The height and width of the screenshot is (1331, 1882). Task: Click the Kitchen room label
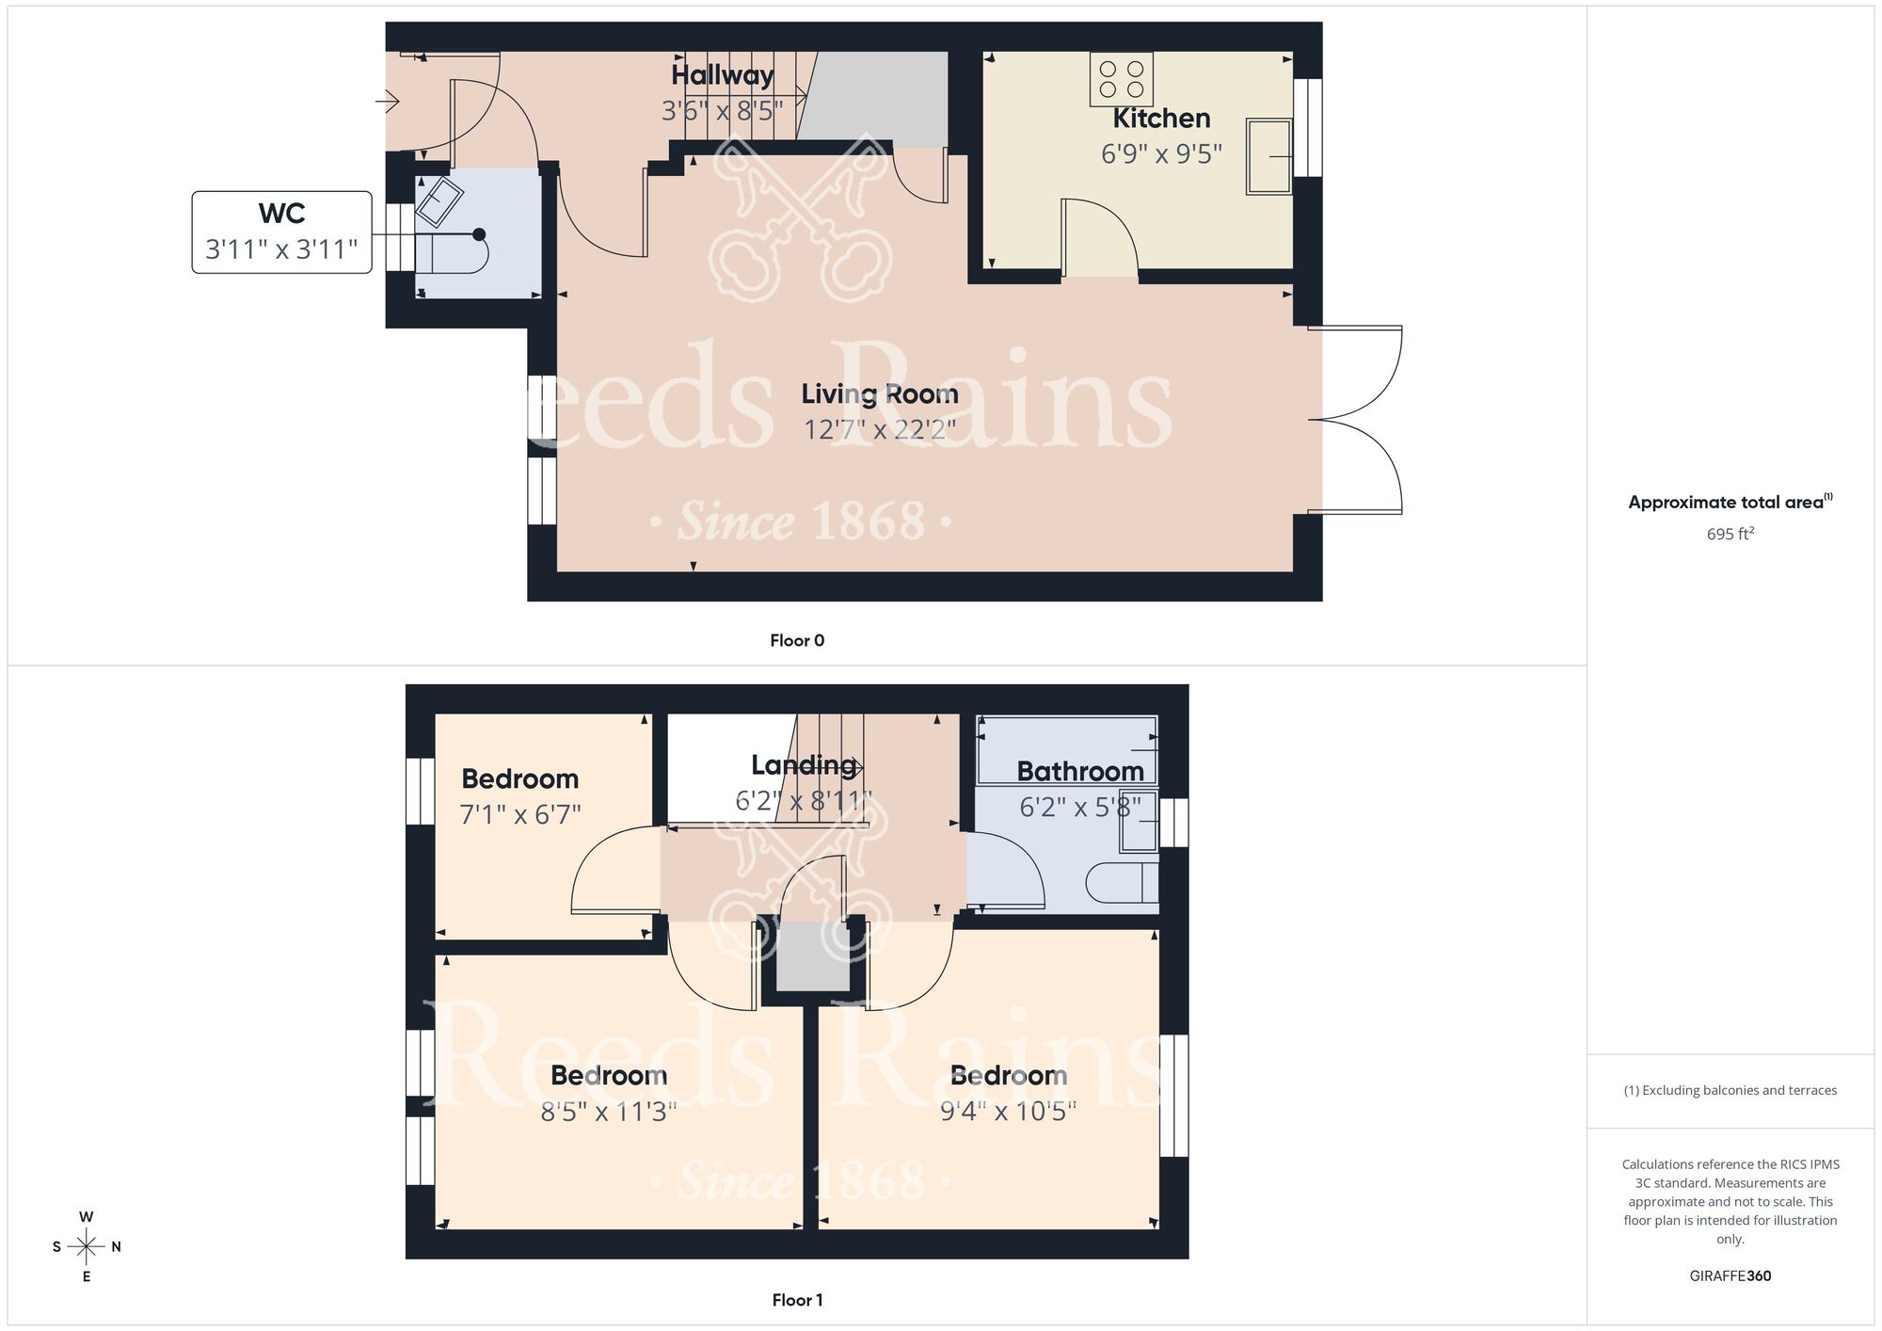(x=1161, y=119)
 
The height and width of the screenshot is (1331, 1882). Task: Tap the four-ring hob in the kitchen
(x=1121, y=79)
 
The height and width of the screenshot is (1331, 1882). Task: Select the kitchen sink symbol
(x=1268, y=156)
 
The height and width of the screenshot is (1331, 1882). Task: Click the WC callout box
(x=281, y=232)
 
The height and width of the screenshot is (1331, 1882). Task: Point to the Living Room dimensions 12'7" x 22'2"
(x=879, y=429)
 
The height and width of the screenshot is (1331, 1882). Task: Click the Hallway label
(x=722, y=75)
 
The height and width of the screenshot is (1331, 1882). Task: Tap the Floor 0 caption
(x=796, y=640)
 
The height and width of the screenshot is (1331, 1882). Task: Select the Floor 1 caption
(x=796, y=1300)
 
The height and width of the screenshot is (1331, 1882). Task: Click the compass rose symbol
(x=87, y=1247)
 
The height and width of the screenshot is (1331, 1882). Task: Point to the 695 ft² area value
(x=1730, y=534)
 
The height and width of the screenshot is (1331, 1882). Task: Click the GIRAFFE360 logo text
(x=1730, y=1276)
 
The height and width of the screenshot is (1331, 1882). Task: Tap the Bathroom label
(x=1079, y=772)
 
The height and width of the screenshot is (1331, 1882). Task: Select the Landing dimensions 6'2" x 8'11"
(x=803, y=801)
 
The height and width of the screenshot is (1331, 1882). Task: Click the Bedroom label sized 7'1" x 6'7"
(x=519, y=779)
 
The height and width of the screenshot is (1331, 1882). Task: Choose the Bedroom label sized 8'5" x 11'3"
(x=609, y=1075)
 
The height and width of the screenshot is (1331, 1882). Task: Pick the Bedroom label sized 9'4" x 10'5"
(x=1008, y=1075)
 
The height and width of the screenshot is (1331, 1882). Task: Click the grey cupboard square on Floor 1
(x=812, y=955)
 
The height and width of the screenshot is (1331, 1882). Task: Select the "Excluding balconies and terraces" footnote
(x=1730, y=1090)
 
